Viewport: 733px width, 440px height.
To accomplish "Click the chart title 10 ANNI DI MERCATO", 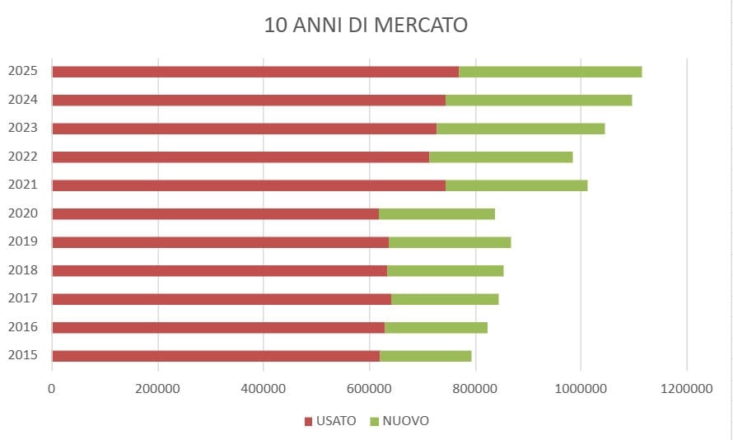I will (366, 25).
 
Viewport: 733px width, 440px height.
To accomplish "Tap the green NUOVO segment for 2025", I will (550, 72).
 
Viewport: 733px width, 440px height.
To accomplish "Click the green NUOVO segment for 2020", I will (437, 213).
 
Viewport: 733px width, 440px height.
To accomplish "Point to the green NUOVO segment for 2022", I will (501, 157).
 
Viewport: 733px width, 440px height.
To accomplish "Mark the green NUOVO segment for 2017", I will (445, 299).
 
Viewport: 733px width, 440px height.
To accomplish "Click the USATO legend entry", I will (330, 421).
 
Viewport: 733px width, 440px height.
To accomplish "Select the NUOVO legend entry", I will (400, 421).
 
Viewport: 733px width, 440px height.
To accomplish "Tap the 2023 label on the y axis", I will (22, 128).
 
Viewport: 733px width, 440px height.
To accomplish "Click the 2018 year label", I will (22, 270).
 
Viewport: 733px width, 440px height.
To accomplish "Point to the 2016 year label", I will (22, 327).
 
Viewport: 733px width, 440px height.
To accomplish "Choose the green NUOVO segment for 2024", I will (539, 100).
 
